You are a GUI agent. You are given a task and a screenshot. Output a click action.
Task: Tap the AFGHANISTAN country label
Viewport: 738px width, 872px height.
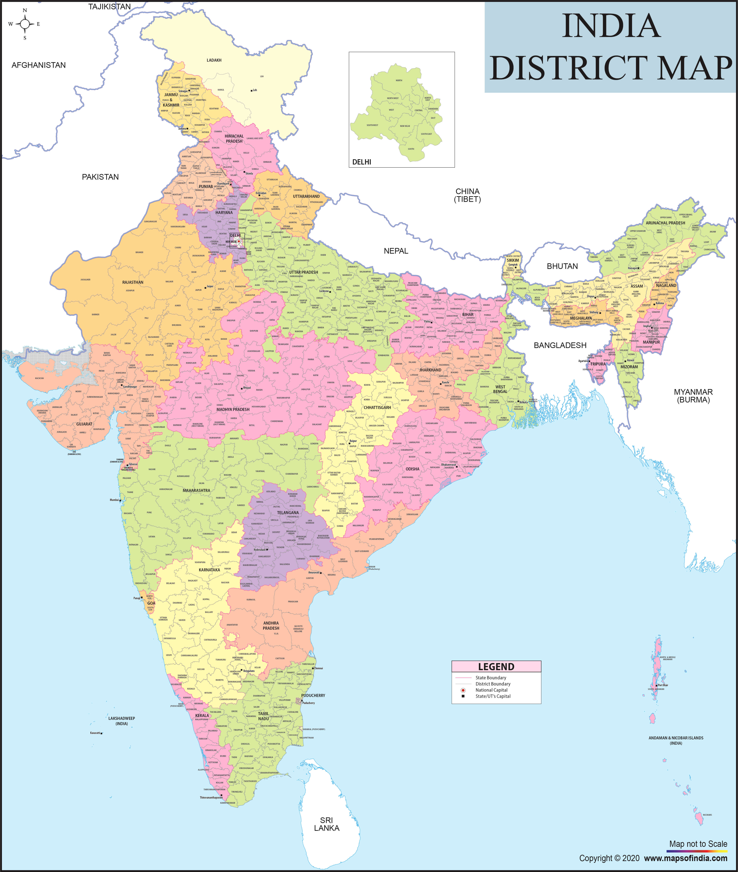[x=38, y=65]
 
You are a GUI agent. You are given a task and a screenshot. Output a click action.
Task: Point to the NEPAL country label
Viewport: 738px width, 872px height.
[x=396, y=251]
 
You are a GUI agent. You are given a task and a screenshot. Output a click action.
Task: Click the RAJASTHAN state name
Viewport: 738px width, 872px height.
[x=133, y=282]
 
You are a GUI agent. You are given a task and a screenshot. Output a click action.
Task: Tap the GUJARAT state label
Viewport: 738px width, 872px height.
[x=84, y=424]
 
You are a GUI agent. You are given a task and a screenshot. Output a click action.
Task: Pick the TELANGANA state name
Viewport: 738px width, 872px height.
[x=288, y=513]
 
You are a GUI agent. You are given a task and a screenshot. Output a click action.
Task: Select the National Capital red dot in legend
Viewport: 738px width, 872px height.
[x=463, y=690]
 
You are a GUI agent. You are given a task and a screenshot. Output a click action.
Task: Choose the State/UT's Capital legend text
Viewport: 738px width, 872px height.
[x=493, y=696]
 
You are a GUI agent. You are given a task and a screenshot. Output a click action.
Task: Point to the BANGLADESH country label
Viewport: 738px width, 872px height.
[x=560, y=345]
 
